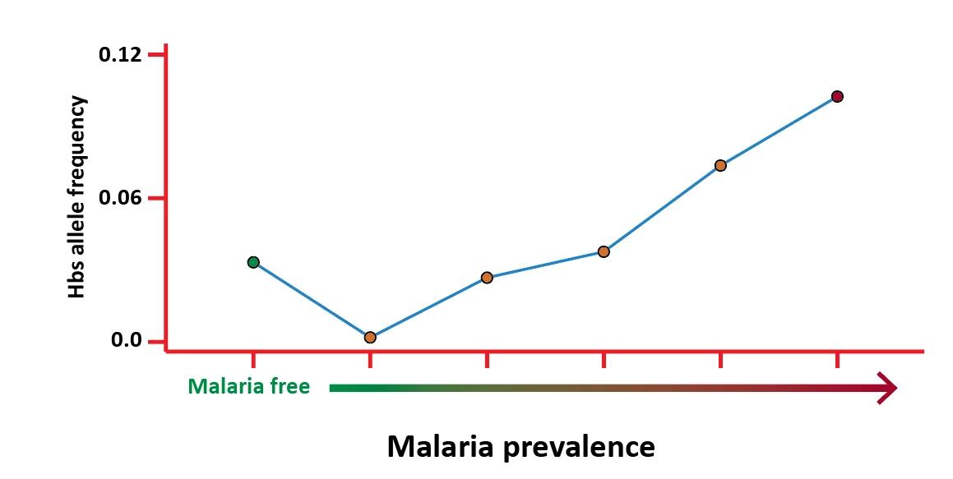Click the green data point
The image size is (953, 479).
253,262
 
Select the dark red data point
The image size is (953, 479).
837,96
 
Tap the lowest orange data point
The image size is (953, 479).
370,338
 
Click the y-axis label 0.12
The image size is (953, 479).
120,55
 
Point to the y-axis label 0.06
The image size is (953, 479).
120,198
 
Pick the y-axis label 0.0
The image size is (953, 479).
127,340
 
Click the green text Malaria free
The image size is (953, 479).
248,386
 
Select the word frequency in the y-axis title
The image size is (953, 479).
77,134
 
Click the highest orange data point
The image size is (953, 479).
720,165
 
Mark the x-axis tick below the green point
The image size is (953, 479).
253,359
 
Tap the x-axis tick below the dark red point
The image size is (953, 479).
837,359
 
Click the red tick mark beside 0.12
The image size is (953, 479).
157,55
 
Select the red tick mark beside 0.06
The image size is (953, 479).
157,198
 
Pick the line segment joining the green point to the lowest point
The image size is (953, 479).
312,300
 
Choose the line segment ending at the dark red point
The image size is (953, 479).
779,131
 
